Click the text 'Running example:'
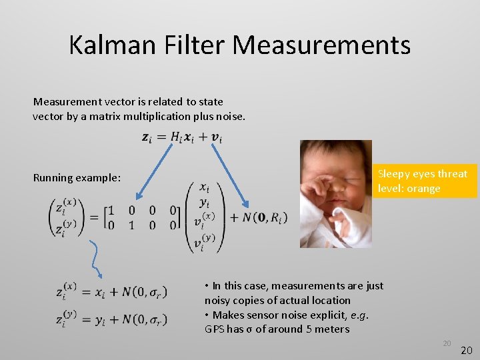[x=77, y=178]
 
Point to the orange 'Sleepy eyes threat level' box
[x=423, y=181]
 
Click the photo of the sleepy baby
[x=335, y=193]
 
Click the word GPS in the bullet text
[x=216, y=329]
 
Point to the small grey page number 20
[x=447, y=343]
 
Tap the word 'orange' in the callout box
[x=424, y=188]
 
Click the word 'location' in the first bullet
[x=330, y=300]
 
